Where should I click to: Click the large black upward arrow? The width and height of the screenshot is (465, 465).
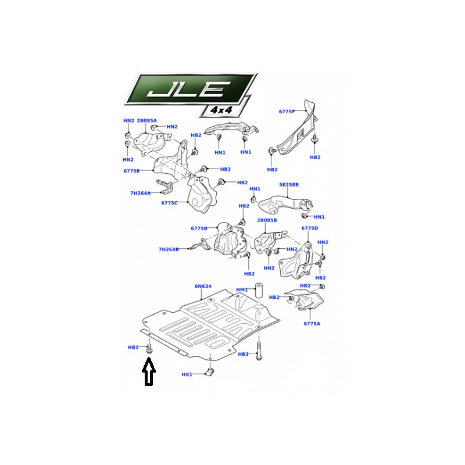(x=149, y=371)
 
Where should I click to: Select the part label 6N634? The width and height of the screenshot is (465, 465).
(x=203, y=287)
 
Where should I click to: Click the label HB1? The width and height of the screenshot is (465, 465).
(x=133, y=347)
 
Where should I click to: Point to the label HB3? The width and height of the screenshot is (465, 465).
(x=243, y=354)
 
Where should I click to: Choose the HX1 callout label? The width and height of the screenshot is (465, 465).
(x=187, y=374)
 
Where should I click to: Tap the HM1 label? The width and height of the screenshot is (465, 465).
(x=242, y=289)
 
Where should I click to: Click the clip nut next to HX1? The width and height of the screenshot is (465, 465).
(x=210, y=371)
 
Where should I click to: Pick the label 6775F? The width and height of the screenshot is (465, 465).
(x=287, y=112)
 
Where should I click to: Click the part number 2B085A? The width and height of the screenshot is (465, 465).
(x=147, y=121)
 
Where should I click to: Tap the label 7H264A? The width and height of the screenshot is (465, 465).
(x=140, y=194)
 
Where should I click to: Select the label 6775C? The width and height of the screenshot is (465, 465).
(x=169, y=203)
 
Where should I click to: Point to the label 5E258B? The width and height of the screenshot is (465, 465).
(x=289, y=185)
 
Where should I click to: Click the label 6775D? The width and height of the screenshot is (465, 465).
(x=310, y=228)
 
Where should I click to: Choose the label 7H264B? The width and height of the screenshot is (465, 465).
(x=169, y=250)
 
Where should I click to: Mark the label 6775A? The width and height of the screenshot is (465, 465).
(x=312, y=324)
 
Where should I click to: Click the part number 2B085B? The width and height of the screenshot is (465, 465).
(x=267, y=220)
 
